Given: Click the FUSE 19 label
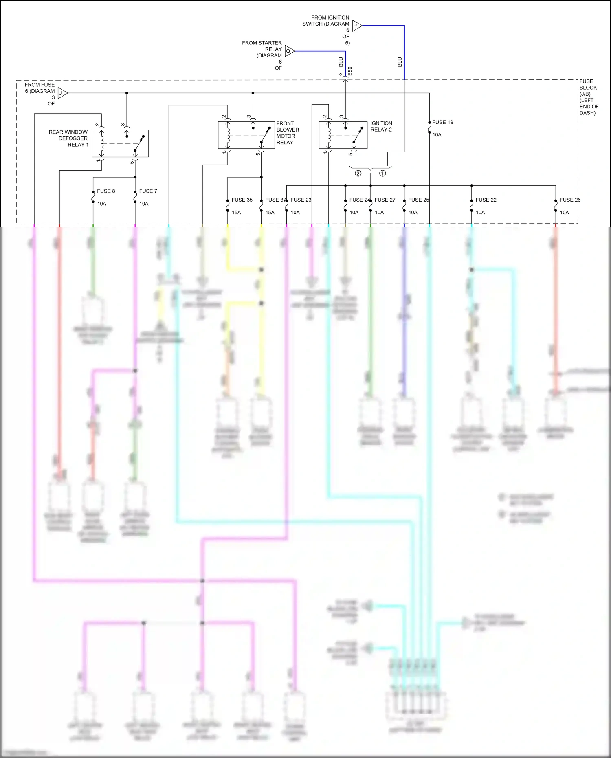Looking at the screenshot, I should (x=442, y=122).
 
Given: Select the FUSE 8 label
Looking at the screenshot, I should (x=106, y=191).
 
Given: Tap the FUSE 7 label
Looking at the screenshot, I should (x=148, y=191).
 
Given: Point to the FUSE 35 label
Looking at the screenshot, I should (x=242, y=200).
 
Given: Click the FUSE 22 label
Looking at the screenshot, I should (x=486, y=200).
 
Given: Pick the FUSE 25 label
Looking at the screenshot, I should (x=418, y=200).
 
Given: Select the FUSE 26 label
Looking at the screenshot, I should (x=569, y=200).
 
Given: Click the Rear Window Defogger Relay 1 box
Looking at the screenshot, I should (x=120, y=143).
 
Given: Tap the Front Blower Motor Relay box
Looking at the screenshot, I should (x=246, y=135).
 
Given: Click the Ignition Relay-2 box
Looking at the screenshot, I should (x=343, y=135).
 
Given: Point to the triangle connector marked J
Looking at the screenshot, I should (x=62, y=93).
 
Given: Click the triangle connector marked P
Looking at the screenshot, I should (x=356, y=26).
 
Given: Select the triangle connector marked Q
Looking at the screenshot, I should (x=289, y=51).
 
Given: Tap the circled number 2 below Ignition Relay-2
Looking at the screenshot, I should (x=358, y=174).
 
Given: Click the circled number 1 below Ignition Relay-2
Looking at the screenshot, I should (x=382, y=174).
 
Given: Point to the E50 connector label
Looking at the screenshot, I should (x=350, y=71).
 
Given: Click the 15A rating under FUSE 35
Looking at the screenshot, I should (x=236, y=213).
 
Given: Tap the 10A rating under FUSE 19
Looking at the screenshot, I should (x=437, y=135).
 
